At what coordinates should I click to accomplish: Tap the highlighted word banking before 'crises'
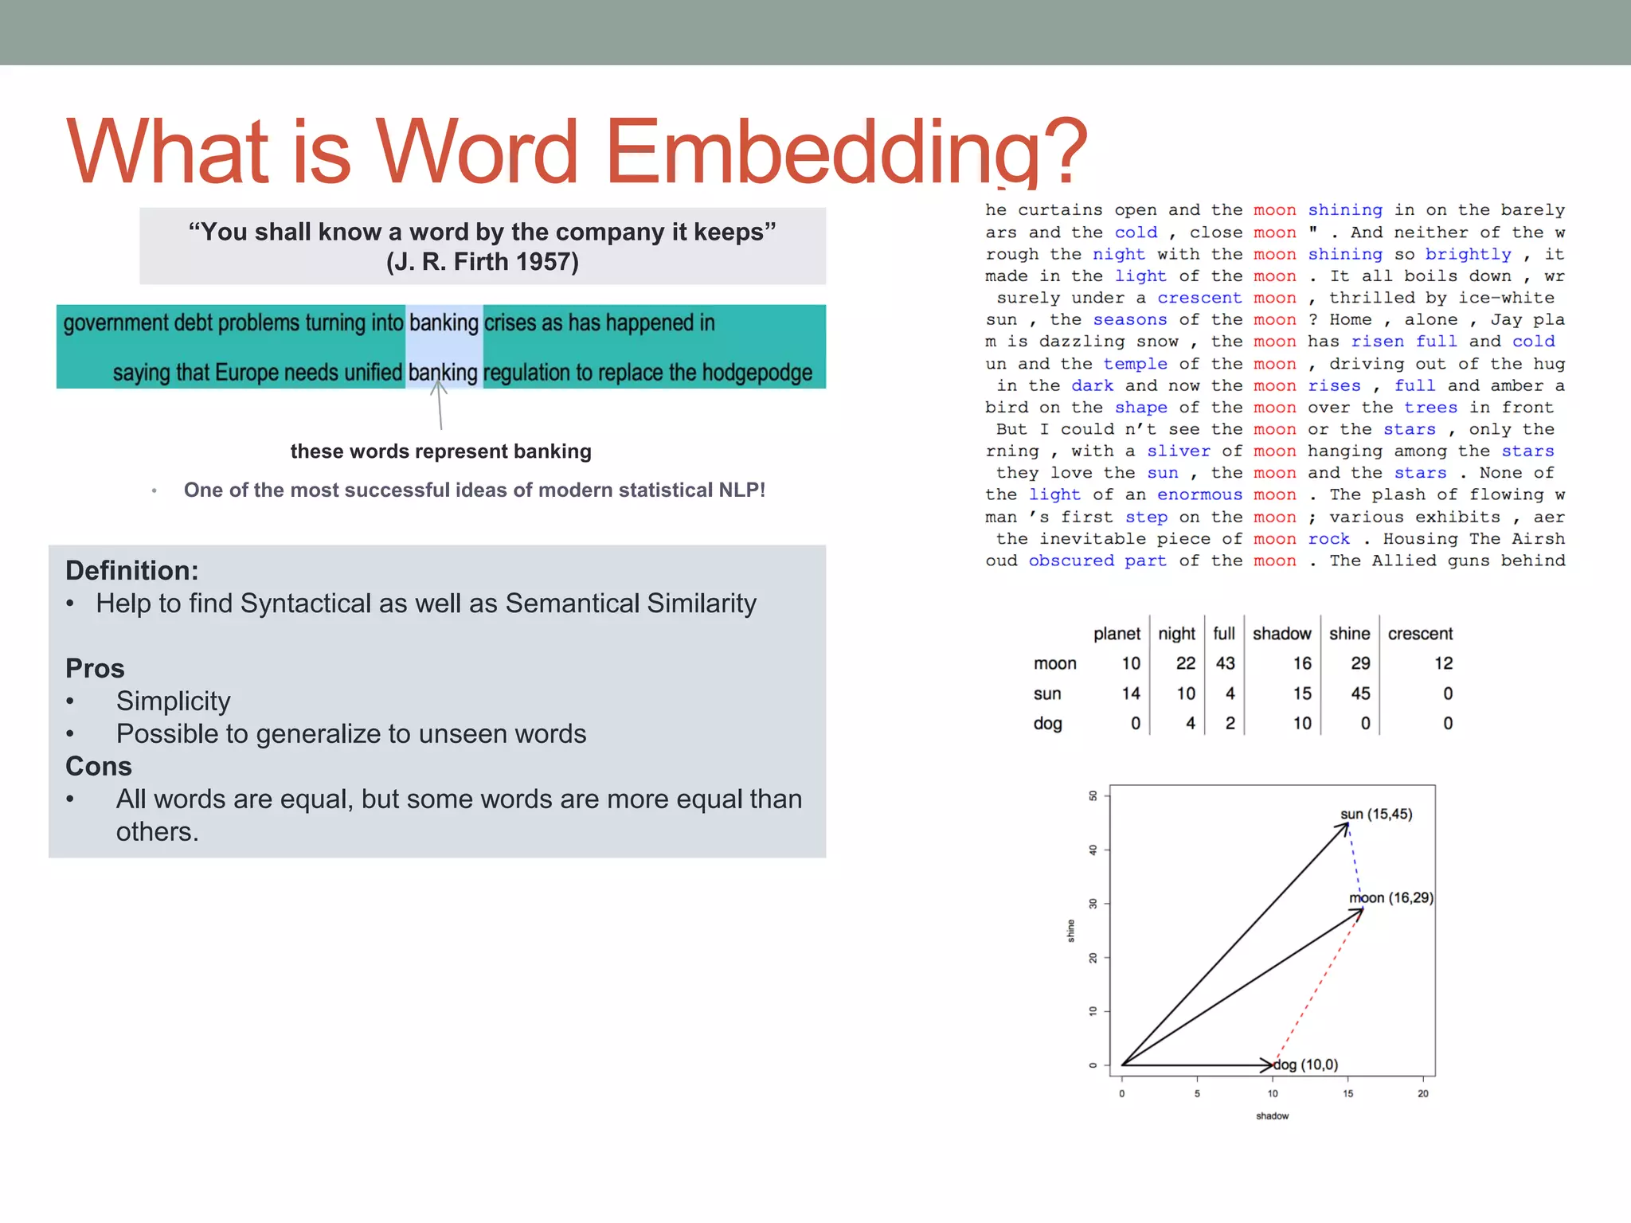pos(444,323)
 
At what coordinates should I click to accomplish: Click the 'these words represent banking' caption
pos(440,451)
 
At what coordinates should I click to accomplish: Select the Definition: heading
pos(132,571)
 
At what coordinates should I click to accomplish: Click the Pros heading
pos(95,668)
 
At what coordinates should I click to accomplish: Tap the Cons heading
pos(99,766)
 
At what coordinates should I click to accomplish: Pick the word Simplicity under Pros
pos(173,701)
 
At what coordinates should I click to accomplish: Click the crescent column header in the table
pos(1420,634)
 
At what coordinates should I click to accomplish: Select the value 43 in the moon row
pos(1225,663)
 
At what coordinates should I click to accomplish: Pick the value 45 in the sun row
pos(1360,694)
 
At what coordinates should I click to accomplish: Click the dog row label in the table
pos(1047,724)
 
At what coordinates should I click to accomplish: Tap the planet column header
pos(1117,634)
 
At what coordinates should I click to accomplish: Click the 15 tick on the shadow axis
pos(1347,1094)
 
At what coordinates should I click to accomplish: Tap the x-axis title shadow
pos(1272,1116)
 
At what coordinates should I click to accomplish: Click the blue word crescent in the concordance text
pos(1199,298)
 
